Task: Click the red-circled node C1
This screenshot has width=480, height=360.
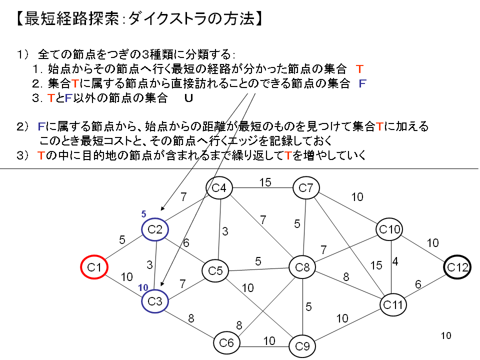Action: click(x=94, y=268)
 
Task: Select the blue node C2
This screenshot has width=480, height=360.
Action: click(x=155, y=230)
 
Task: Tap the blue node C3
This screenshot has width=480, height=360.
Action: click(x=155, y=301)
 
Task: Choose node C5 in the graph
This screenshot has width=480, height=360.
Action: click(x=215, y=271)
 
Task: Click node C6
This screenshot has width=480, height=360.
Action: click(x=226, y=342)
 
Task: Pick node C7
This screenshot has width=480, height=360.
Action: click(x=306, y=188)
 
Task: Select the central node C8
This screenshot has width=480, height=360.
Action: click(x=302, y=268)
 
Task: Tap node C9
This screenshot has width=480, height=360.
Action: click(x=302, y=345)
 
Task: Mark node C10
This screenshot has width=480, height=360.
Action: click(x=389, y=229)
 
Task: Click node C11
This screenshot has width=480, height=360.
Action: click(x=392, y=303)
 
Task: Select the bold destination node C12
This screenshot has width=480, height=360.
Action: click(x=457, y=267)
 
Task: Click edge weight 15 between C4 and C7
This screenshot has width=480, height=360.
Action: click(x=265, y=182)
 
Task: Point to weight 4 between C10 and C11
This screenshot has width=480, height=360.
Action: click(x=395, y=262)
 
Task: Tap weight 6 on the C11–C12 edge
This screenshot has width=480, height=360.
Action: click(x=418, y=284)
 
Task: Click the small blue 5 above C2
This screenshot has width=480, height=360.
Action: click(x=144, y=214)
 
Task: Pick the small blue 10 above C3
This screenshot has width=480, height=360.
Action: click(x=143, y=287)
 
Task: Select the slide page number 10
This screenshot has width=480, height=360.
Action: click(x=446, y=335)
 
